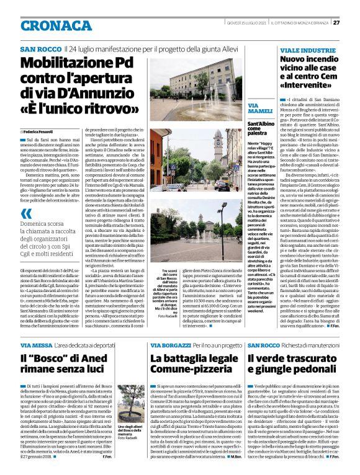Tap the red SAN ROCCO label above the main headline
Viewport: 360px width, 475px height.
pos(40,48)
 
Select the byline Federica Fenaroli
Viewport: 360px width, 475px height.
pos(40,132)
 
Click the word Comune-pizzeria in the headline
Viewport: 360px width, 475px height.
pos(188,371)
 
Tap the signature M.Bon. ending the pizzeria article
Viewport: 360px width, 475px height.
pos(235,457)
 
